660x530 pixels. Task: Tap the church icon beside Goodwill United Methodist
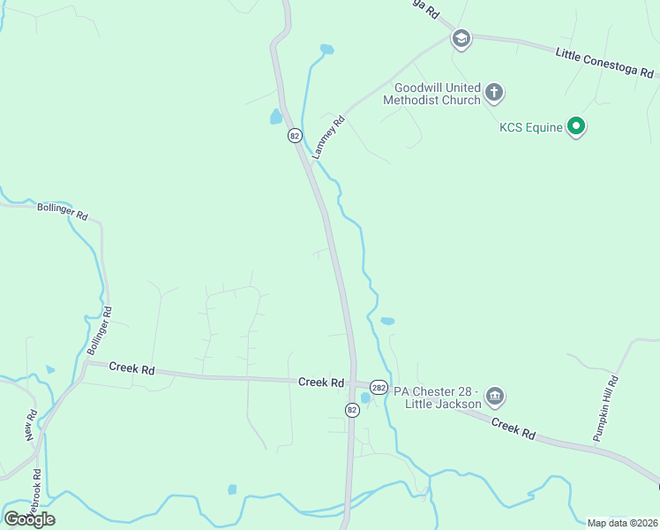pos(494,91)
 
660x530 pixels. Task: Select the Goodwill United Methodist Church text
pos(438,94)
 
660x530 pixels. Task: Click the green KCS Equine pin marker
pos(576,127)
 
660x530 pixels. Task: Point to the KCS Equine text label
pos(531,127)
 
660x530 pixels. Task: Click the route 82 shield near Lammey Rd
pos(295,136)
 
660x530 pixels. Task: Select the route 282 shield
pos(379,387)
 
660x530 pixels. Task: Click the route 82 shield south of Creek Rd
pos(352,410)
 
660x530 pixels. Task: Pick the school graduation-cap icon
pos(460,39)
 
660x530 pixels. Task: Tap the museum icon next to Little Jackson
pos(495,395)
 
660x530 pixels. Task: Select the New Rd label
pos(31,426)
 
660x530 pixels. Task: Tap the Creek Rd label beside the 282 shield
pos(320,382)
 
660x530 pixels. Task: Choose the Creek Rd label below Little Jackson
pos(514,429)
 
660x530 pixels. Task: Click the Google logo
pos(29,519)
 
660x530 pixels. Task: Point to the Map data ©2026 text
pos(622,523)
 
